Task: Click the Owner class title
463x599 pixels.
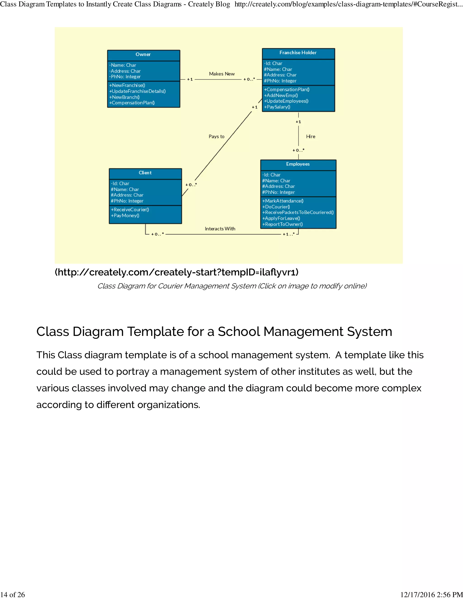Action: tap(143, 54)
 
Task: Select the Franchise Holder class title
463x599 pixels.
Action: tap(298, 53)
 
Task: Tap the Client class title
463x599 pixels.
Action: tap(145, 173)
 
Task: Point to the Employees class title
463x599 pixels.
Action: tap(298, 164)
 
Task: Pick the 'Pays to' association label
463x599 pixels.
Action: tap(216, 137)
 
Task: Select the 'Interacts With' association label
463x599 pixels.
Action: tap(220, 229)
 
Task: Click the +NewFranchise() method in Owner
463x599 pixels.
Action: tap(127, 85)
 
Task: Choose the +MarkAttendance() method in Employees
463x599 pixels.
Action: tap(283, 201)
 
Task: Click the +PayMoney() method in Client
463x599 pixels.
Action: tap(125, 216)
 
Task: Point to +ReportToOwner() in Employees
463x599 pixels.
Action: tap(283, 224)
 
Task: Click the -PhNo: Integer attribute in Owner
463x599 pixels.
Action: tap(125, 77)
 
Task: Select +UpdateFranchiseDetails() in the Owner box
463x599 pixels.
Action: tap(137, 91)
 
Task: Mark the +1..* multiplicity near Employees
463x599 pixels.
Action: tap(288, 234)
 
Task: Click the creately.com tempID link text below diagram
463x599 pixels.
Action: tap(177, 272)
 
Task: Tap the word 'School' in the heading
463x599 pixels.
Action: tap(239, 332)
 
